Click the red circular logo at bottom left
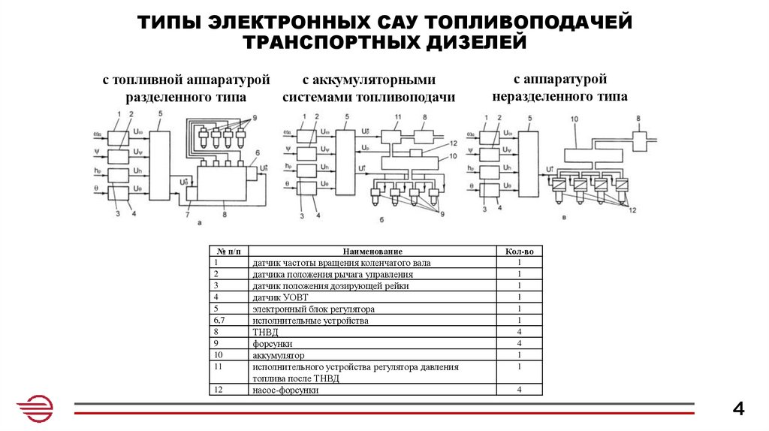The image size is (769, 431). click(x=35, y=410)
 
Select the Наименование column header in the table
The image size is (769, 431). click(x=372, y=252)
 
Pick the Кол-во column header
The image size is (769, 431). click(x=519, y=252)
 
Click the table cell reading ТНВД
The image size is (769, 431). click(x=261, y=331)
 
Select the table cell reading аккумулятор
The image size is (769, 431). click(x=279, y=354)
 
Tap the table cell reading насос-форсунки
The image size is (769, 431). click(x=286, y=390)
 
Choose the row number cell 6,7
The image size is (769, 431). click(x=219, y=320)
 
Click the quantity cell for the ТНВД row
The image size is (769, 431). click(x=519, y=331)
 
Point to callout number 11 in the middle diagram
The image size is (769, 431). click(x=398, y=117)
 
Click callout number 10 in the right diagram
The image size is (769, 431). click(x=574, y=120)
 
